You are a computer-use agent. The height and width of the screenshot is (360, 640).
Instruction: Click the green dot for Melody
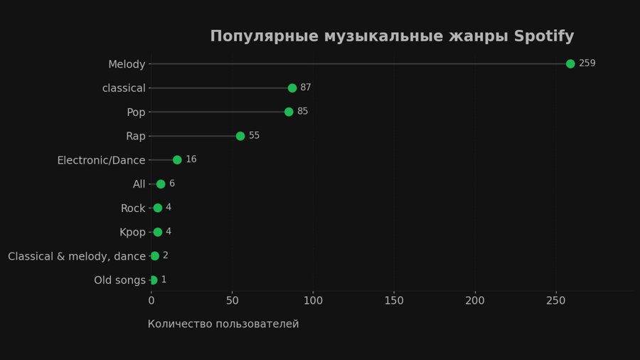click(570, 64)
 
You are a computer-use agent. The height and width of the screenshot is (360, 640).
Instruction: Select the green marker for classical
click(292, 88)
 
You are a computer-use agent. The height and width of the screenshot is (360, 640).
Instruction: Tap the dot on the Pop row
click(289, 112)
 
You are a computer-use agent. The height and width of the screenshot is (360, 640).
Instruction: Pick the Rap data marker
click(240, 136)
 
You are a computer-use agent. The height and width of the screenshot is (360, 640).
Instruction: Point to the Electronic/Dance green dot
click(177, 160)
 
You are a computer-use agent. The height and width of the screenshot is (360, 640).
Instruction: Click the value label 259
click(587, 63)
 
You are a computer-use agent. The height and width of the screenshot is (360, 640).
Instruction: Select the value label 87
click(306, 88)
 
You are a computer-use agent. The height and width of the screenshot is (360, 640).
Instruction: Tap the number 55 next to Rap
click(254, 135)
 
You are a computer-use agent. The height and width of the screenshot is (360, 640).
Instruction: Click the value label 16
click(191, 159)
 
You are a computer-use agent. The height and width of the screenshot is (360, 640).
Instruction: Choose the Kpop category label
click(132, 232)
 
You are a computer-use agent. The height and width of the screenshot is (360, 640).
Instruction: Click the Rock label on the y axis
click(133, 208)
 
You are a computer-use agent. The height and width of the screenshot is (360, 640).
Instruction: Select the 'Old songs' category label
click(119, 280)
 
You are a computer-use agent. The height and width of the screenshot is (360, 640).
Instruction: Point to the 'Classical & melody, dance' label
click(77, 256)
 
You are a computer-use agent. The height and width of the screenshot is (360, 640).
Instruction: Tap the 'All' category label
click(139, 184)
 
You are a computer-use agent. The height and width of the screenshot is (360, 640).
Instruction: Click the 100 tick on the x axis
click(313, 301)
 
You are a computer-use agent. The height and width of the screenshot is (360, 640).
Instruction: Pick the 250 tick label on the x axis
click(556, 301)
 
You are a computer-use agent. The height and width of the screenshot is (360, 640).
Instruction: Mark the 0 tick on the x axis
click(151, 301)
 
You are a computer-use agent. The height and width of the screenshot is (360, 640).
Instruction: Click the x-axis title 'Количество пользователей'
click(223, 324)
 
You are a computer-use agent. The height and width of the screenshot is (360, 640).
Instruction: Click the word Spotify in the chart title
click(544, 36)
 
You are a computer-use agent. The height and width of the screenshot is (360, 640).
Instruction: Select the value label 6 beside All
click(172, 184)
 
